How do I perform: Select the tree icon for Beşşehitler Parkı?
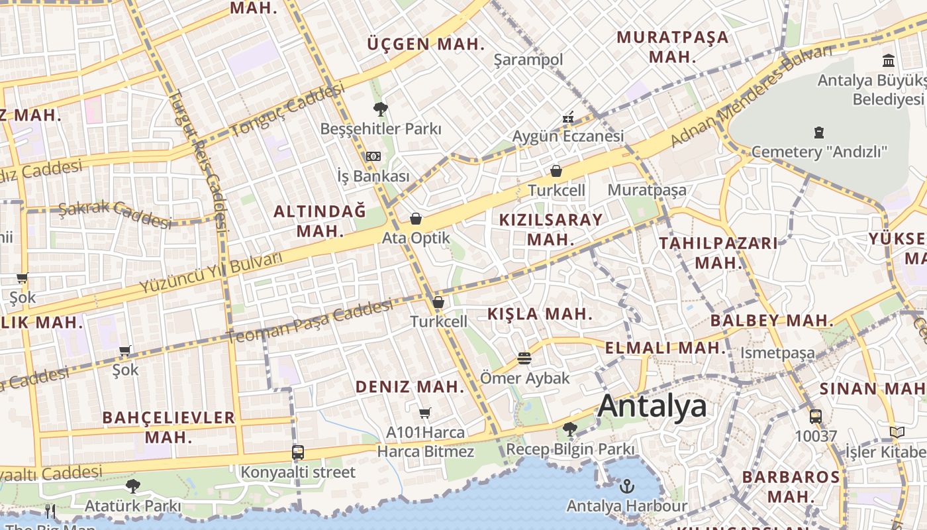(380, 109)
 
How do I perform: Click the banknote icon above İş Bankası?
(373, 156)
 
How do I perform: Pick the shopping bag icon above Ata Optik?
(416, 219)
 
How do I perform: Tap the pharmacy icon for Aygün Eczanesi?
(568, 118)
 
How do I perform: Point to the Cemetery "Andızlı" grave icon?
(818, 132)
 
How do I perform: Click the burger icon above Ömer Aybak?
(524, 359)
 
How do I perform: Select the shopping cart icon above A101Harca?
(425, 413)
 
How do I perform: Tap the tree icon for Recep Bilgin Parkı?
(569, 429)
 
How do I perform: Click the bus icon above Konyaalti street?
(298, 453)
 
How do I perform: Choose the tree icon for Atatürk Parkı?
(132, 486)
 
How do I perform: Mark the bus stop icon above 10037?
(816, 417)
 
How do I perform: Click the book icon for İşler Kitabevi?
(897, 433)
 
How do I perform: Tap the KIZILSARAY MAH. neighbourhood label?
(551, 229)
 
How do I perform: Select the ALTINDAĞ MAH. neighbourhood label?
(320, 221)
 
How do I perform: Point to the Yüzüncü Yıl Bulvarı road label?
(211, 272)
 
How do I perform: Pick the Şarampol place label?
(528, 60)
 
